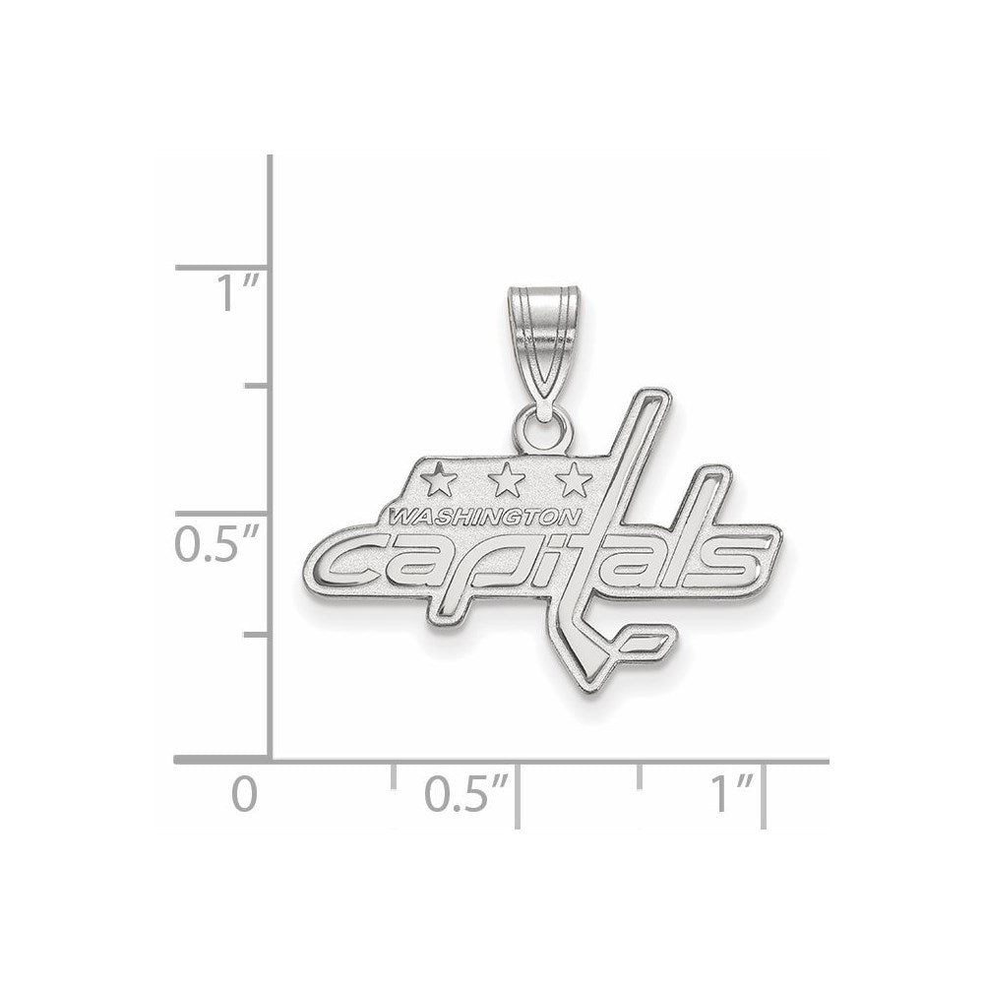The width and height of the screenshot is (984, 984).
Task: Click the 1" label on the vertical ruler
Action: tap(237, 294)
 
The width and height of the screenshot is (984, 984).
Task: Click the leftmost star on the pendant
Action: tap(438, 480)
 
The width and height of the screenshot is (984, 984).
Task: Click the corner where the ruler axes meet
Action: tap(271, 761)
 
